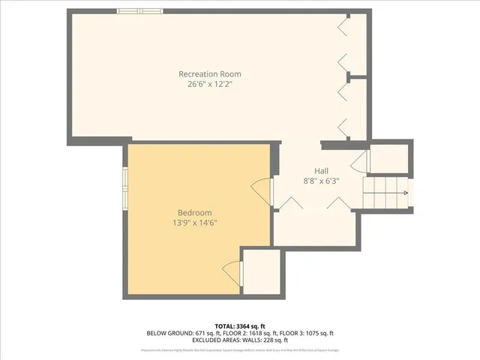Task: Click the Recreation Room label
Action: [x=209, y=73]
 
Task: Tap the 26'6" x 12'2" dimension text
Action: [x=209, y=84]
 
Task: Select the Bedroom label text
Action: [x=194, y=212]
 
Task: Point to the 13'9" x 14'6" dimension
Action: [x=194, y=223]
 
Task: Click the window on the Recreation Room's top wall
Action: [x=140, y=10]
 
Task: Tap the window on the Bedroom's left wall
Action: [x=125, y=187]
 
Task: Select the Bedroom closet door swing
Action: [x=232, y=270]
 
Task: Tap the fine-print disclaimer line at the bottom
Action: [x=239, y=349]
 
